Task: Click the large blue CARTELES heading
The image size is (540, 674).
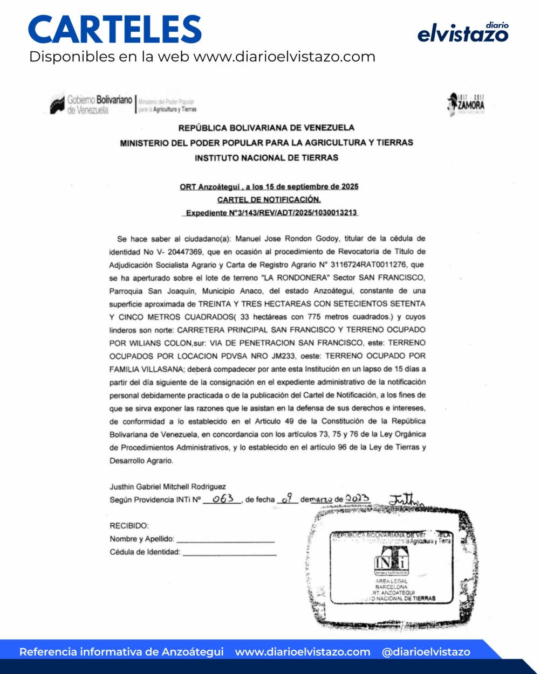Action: click(x=115, y=30)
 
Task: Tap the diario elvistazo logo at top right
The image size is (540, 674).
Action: click(x=463, y=33)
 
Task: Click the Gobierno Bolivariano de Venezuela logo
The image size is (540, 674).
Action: click(x=92, y=105)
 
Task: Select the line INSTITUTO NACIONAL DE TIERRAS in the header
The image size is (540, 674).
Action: click(x=266, y=158)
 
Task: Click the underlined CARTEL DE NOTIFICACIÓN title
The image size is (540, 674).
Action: click(x=269, y=199)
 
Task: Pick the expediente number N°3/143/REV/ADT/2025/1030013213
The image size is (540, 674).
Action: click(x=271, y=213)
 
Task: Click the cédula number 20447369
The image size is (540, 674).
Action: click(x=183, y=252)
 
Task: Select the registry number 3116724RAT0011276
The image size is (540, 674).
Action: click(x=372, y=265)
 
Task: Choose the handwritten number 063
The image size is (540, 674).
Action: click(x=222, y=499)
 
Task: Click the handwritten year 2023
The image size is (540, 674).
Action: click(x=357, y=498)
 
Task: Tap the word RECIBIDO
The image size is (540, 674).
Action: click(x=129, y=526)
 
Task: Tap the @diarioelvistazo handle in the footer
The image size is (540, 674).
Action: click(x=426, y=652)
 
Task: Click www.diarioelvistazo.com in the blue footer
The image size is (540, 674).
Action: click(x=303, y=652)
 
